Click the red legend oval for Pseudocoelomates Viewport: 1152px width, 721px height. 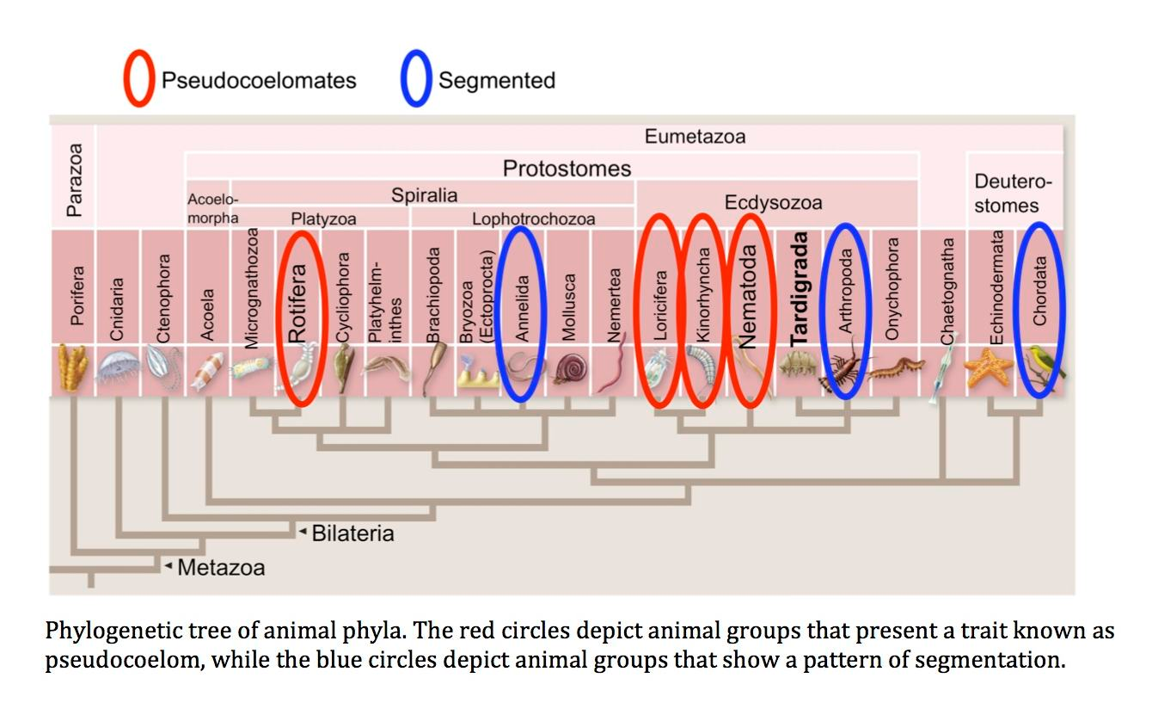tap(139, 80)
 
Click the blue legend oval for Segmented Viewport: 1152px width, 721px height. tap(416, 80)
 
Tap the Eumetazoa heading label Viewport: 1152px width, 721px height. tap(695, 136)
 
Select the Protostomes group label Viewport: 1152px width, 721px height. tap(567, 168)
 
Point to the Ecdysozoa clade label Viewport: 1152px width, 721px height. tap(773, 203)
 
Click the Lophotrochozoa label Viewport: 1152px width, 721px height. tap(533, 219)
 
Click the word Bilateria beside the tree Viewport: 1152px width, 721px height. tap(352, 533)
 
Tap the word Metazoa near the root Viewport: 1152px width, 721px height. tap(221, 568)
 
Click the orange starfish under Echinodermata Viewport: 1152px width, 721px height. tap(988, 368)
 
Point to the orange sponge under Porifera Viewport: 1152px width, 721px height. tap(74, 368)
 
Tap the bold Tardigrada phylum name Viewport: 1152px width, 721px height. tap(800, 288)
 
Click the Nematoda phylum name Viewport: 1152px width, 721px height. tap(748, 297)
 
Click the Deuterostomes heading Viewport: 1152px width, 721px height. tap(1013, 194)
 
